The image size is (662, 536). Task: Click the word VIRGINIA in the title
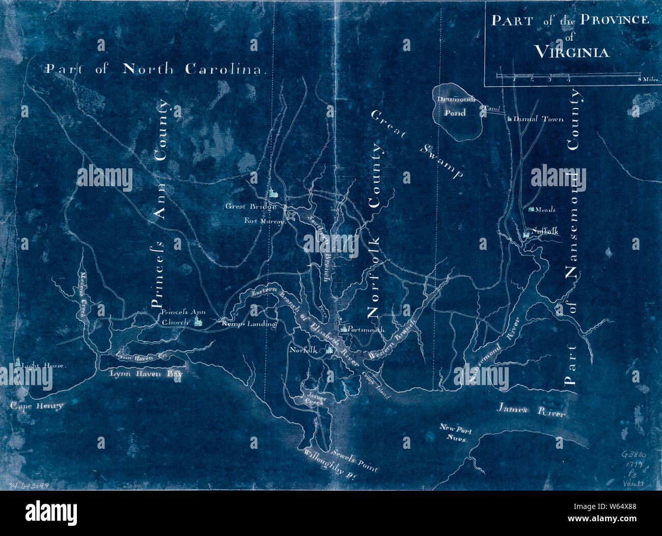coord(572,52)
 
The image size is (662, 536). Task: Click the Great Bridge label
coord(251,207)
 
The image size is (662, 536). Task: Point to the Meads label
coord(545,210)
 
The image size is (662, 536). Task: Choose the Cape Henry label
coord(37,406)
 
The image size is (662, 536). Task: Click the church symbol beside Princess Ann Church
coord(198,321)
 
